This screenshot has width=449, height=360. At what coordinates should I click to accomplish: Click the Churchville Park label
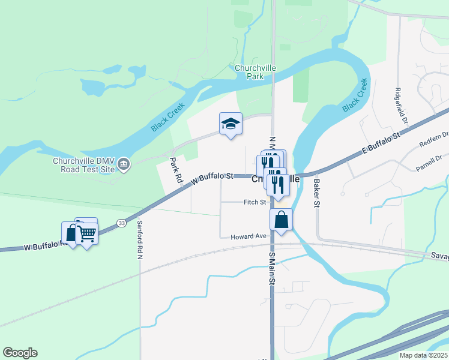[x=255, y=72]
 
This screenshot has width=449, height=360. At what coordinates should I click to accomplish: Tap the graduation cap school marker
[x=231, y=124]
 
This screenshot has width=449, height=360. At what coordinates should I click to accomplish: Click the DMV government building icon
[x=123, y=164]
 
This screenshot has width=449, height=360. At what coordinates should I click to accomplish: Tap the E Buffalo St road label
[x=381, y=146]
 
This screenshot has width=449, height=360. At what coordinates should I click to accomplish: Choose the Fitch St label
[x=255, y=202]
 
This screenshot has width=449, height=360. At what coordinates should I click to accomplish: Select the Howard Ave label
[x=248, y=237]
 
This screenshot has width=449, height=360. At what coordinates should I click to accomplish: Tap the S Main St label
[x=272, y=268]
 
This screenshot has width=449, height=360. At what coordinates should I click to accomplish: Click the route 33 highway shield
[x=122, y=223]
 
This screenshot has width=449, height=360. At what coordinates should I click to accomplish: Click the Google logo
[x=20, y=353]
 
